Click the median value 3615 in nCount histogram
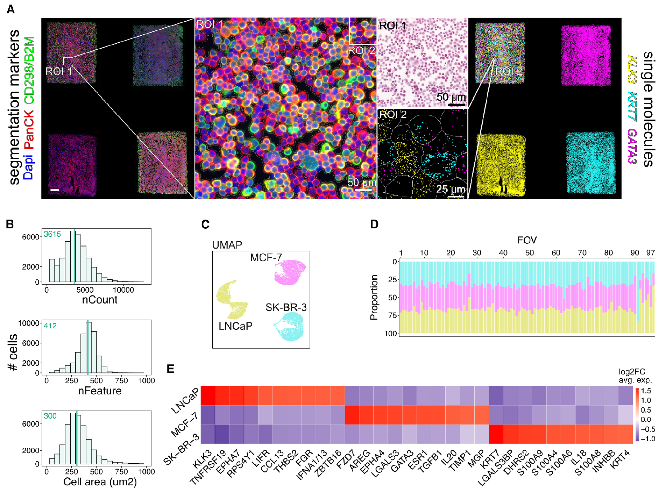point(52,234)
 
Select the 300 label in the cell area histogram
point(50,416)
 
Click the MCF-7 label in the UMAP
point(266,258)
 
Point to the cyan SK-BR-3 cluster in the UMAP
point(290,327)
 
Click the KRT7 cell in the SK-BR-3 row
point(496,434)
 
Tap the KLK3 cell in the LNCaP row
point(208,395)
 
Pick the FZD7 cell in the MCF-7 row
point(352,415)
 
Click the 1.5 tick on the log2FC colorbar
point(646,391)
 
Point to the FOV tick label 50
point(529,253)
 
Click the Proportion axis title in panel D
point(374,297)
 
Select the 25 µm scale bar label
point(451,189)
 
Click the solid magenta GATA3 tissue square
point(586,55)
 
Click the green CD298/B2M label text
point(29,70)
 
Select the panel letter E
point(170,369)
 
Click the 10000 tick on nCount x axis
point(123,290)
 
